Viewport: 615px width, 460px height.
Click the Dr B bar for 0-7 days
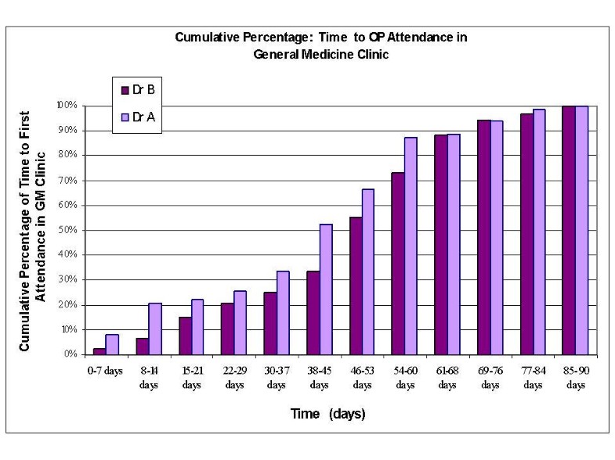click(x=99, y=351)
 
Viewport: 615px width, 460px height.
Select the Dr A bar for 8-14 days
click(x=155, y=329)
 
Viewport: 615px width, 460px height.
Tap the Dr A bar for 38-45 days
click(x=326, y=289)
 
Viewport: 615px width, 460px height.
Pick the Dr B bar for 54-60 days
click(x=398, y=264)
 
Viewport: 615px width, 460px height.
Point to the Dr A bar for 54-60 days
click(x=411, y=246)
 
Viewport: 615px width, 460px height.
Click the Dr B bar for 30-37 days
click(x=270, y=323)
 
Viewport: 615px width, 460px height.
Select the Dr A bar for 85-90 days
click(x=581, y=230)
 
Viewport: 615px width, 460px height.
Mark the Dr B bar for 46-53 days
click(x=356, y=286)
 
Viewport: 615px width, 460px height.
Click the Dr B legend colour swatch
click(x=125, y=90)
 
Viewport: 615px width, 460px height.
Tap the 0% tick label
click(x=70, y=354)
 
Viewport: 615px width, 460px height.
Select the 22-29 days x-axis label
click(x=234, y=378)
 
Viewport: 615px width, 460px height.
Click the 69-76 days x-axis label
click(x=490, y=378)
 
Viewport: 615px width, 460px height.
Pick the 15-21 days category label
click(x=192, y=378)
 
